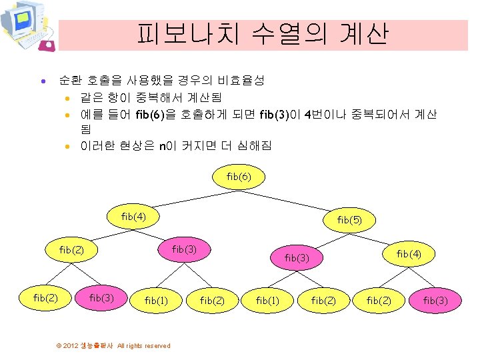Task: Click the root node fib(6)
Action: click(x=239, y=177)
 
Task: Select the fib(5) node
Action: click(x=349, y=219)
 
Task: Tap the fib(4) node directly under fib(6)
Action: click(x=133, y=216)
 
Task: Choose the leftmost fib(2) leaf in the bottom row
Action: click(x=45, y=298)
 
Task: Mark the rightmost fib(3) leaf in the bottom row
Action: click(x=436, y=301)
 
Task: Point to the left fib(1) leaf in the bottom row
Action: click(x=157, y=301)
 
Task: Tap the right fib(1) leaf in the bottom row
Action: click(x=267, y=301)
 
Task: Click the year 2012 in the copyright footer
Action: click(x=71, y=346)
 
